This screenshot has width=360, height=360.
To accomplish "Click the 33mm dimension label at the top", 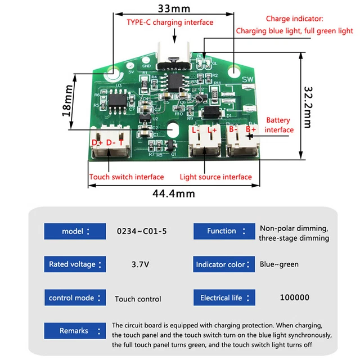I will click(x=174, y=8).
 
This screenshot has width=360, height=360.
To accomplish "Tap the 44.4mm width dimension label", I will click(x=174, y=193).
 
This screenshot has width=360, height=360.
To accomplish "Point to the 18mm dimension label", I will click(x=67, y=98).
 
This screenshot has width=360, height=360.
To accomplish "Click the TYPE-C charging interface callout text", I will click(x=169, y=22).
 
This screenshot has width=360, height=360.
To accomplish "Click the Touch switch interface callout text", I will click(x=127, y=177).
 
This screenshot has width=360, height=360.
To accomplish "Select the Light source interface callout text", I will click(x=215, y=177).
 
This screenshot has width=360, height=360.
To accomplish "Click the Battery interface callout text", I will click(x=279, y=125).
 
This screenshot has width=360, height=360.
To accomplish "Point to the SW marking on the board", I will click(x=247, y=80).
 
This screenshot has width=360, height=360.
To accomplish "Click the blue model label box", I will click(x=75, y=231).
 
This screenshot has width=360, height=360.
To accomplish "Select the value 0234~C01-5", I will click(x=138, y=231).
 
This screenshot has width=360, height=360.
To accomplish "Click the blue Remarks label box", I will click(x=75, y=331).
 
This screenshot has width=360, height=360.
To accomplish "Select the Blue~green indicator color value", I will click(x=279, y=264).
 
